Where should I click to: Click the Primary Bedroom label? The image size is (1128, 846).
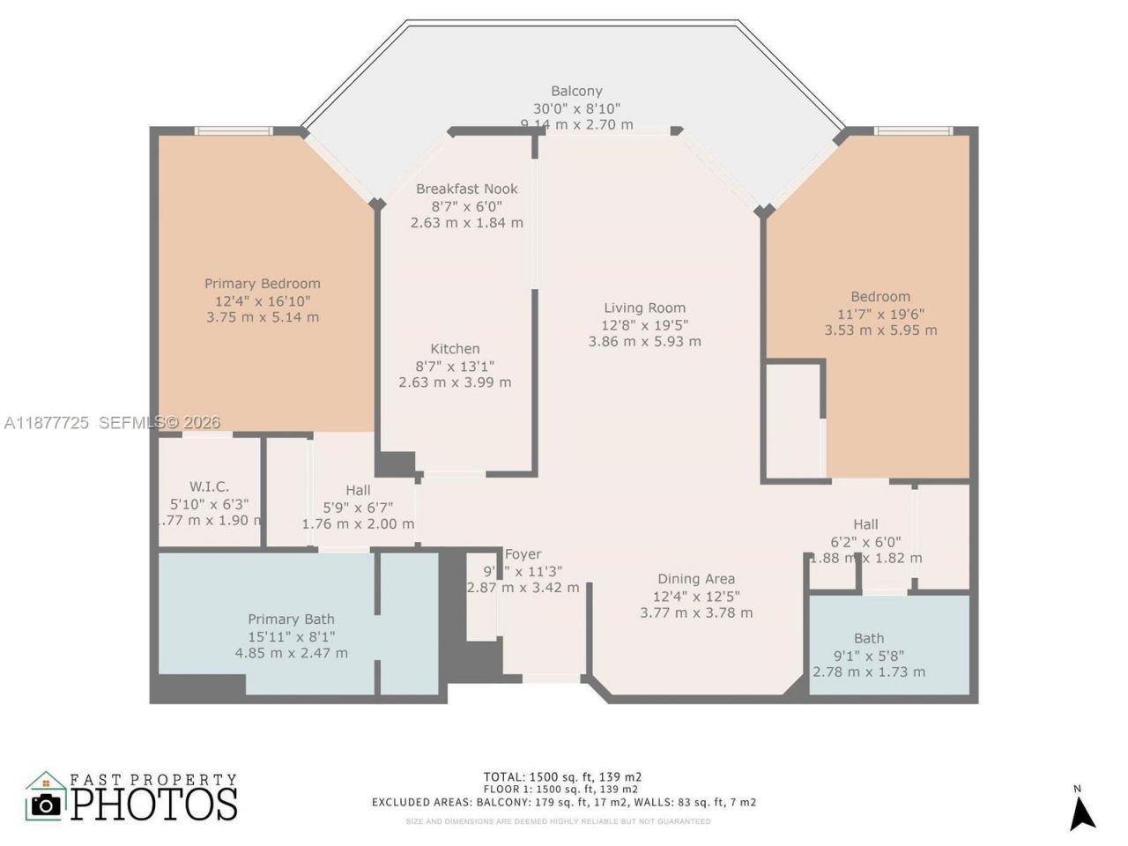pos(263,284)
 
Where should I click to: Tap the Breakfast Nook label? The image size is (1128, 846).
pos(467,189)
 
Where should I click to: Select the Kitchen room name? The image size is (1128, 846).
pos(455,349)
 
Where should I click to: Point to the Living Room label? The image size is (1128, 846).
pos(644,308)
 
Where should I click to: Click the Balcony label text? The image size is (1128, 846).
pos(576,91)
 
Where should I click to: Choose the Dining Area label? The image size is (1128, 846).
pos(696,579)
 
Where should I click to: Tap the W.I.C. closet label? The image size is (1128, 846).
pos(210,487)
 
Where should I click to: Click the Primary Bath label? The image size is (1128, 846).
pos(291,620)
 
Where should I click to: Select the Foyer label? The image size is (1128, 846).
pos(523,554)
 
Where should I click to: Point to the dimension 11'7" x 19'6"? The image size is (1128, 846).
pos(880,314)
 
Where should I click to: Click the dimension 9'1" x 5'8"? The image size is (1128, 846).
pos(869,656)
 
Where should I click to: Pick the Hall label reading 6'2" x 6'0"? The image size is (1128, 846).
pos(865,524)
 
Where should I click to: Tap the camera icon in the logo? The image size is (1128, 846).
pos(46,804)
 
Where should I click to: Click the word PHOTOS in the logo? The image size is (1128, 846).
pos(154,805)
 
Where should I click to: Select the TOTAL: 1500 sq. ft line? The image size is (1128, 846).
pos(563,777)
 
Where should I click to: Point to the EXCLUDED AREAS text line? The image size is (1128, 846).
pos(563,803)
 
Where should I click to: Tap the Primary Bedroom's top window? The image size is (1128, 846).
pos(234,131)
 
